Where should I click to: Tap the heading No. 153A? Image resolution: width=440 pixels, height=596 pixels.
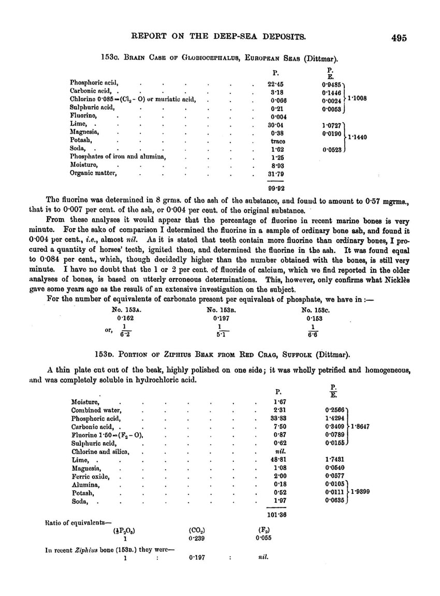coord(123,310)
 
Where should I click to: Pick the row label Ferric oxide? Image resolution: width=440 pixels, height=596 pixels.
coord(90,475)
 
